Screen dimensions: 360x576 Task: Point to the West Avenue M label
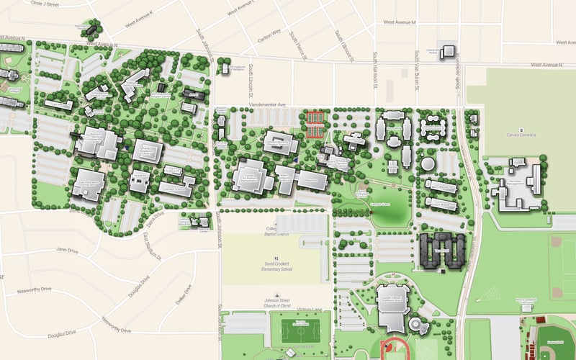pyautogui.click(x=400, y=22)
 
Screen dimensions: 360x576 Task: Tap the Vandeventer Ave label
pyautogui.click(x=268, y=104)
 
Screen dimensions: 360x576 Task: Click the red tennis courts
pyautogui.click(x=315, y=123)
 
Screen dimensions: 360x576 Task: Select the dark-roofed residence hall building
pyautogui.click(x=440, y=251)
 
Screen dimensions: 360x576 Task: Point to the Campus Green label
pyautogui.click(x=379, y=204)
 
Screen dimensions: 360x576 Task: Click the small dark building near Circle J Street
pyautogui.click(x=92, y=30)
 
